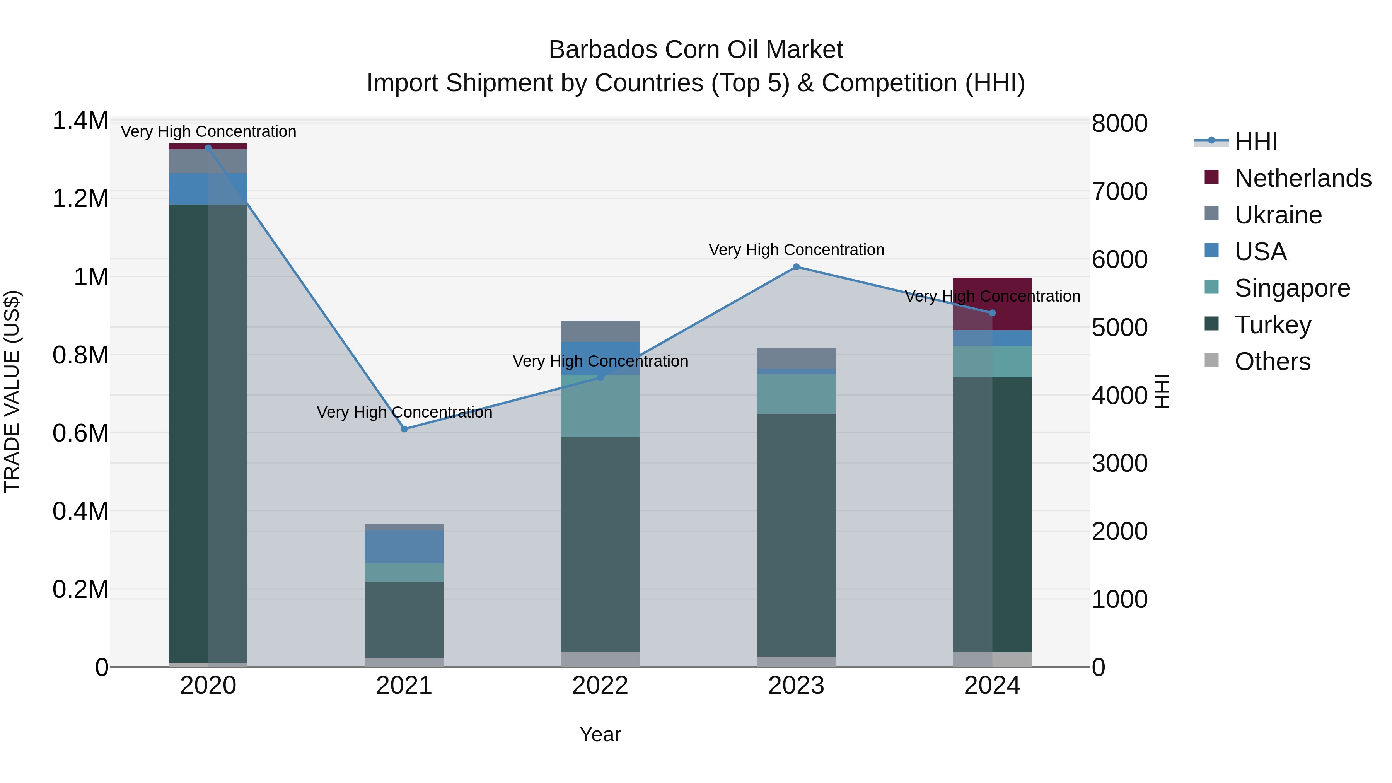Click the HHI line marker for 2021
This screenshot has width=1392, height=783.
[x=404, y=429]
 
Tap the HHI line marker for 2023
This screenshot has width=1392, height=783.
[x=796, y=267]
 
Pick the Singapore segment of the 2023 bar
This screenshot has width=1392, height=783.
[x=796, y=394]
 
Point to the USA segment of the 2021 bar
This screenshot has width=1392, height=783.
[x=404, y=547]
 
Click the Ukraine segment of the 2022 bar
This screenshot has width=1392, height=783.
[x=600, y=331]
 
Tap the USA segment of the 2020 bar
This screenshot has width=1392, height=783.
[x=208, y=189]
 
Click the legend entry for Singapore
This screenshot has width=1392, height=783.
[x=1291, y=288]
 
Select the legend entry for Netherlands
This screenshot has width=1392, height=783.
[x=1302, y=178]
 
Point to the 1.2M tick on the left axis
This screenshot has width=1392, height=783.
[x=80, y=198]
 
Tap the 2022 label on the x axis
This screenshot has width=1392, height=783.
[x=600, y=686]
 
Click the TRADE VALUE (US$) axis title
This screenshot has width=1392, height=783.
[x=12, y=391]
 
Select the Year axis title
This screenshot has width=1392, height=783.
[x=600, y=734]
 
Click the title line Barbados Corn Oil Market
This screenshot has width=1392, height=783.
[x=696, y=50]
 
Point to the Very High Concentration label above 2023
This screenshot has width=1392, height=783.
[x=796, y=250]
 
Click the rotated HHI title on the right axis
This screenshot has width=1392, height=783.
[x=1162, y=391]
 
